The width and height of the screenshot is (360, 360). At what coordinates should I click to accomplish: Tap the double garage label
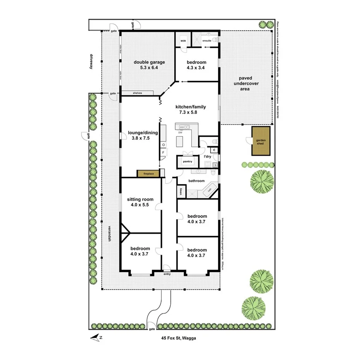point(149,62)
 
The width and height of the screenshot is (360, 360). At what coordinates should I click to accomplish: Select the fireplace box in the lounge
point(148,174)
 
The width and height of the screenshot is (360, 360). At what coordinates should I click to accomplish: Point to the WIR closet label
point(183,40)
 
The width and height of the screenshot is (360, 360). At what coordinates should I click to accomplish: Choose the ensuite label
point(207,40)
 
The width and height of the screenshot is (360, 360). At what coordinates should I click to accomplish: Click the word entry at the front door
point(167,274)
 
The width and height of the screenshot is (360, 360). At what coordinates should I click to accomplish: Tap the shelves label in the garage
point(138,93)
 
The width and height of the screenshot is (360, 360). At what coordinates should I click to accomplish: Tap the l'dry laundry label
point(207,157)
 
